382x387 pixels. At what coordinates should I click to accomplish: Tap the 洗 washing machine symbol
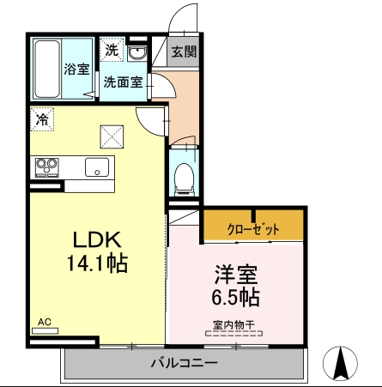pyautogui.click(x=111, y=50)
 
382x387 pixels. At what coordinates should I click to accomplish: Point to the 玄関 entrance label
pyautogui.click(x=183, y=51)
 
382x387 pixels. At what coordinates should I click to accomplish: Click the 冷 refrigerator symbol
pyautogui.click(x=41, y=118)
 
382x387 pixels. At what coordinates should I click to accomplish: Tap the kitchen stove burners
pyautogui.click(x=45, y=165)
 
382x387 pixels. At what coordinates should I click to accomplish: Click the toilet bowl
pyautogui.click(x=183, y=178)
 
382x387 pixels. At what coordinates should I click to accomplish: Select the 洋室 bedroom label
pyautogui.click(x=237, y=276)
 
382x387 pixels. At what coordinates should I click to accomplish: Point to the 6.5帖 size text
pyautogui.click(x=238, y=298)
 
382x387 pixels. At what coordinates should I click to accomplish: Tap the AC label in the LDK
pyautogui.click(x=45, y=322)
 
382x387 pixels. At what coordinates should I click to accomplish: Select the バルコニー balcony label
pyautogui.click(x=184, y=363)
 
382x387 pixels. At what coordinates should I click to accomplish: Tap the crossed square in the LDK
pyautogui.click(x=112, y=136)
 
